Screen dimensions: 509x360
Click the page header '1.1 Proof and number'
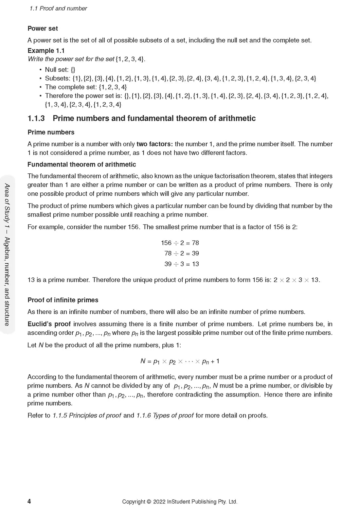tap(58, 9)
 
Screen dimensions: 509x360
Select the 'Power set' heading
tap(43, 28)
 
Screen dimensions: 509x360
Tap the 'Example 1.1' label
tap(46, 51)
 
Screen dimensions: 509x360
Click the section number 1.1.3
tap(36, 118)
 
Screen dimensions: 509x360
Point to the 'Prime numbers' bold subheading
tap(51, 132)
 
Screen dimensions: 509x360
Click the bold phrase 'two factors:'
tap(154, 144)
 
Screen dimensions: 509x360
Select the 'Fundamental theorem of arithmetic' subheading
tap(81, 164)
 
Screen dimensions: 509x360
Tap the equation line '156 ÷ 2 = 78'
tap(180, 243)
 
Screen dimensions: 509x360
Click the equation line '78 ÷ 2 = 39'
tap(181, 253)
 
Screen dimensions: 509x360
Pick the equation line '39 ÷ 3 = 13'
tap(181, 264)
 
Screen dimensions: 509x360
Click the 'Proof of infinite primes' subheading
tap(63, 300)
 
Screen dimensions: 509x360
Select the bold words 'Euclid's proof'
tap(49, 324)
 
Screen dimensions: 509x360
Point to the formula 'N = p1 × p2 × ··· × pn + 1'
tap(180, 361)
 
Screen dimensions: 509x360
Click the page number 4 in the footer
tap(29, 501)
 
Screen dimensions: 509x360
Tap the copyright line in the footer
tap(179, 501)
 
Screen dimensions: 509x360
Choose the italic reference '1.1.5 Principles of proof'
tap(87, 415)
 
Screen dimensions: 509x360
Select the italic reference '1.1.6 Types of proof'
tap(165, 415)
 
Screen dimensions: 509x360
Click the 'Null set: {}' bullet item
tap(60, 70)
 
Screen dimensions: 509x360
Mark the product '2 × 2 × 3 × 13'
tap(296, 280)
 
